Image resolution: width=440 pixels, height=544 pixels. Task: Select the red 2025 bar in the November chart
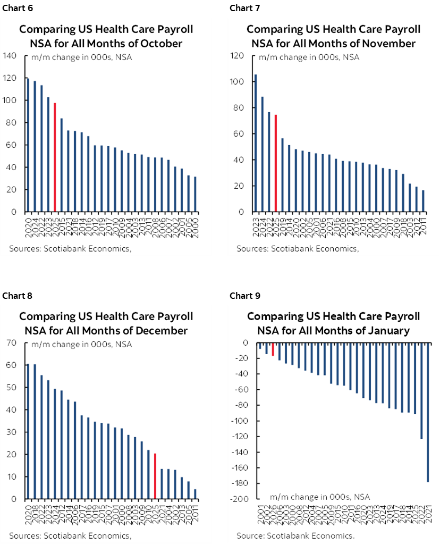275,163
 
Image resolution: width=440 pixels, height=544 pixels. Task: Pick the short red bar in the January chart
273,349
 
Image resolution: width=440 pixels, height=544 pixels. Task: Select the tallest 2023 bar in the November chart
256,143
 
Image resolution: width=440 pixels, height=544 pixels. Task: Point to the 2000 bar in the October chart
195,194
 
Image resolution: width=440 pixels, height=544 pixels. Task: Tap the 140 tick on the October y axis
12,55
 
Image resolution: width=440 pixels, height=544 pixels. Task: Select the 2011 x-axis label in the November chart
423,225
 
